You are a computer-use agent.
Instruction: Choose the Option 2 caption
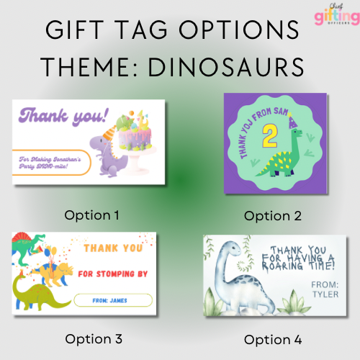(x=272, y=215)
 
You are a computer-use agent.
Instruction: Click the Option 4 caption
(x=272, y=339)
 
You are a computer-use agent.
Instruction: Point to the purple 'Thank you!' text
(x=66, y=116)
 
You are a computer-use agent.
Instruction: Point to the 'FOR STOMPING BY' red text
(x=115, y=274)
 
